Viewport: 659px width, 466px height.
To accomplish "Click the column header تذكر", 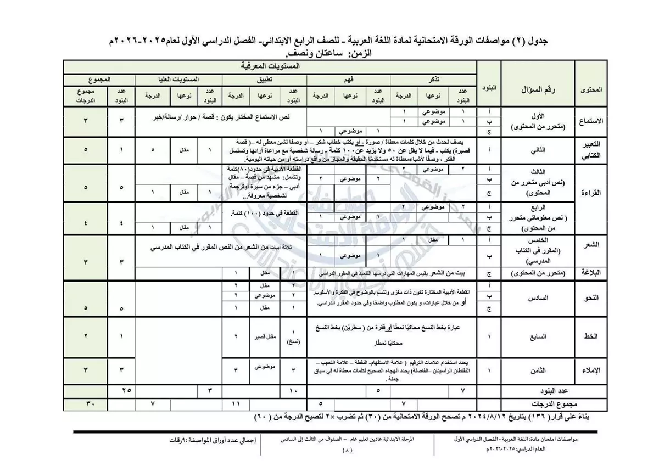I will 433,79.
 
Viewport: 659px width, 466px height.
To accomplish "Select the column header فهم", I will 348,79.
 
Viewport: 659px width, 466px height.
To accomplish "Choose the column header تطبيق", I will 264,79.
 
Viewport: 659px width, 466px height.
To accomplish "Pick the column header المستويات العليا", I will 179,79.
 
